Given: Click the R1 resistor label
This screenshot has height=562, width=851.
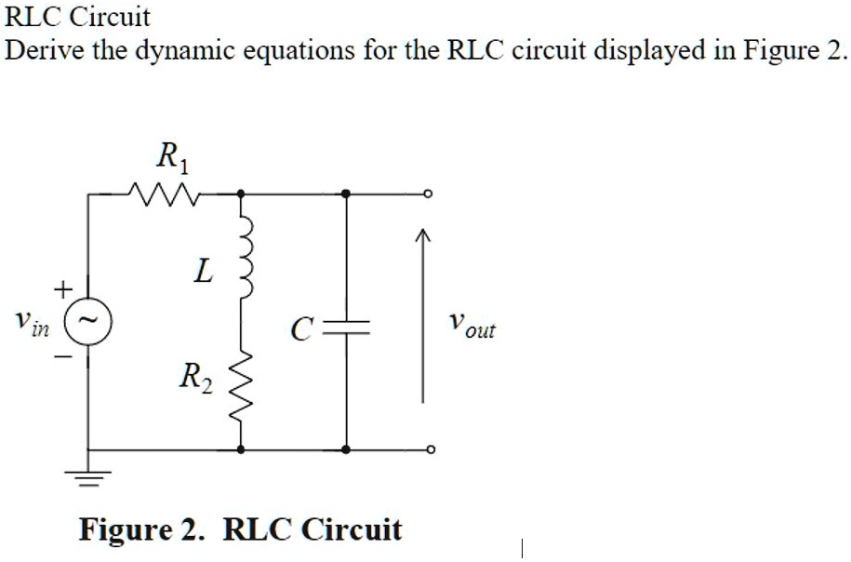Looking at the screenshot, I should click(172, 157).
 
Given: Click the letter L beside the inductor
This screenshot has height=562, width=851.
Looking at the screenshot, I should click(202, 272).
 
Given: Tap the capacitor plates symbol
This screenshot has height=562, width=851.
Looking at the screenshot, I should click(346, 328).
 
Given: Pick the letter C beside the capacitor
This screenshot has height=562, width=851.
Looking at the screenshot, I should click(299, 328).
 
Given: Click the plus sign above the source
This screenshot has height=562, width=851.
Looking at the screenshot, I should click(61, 290).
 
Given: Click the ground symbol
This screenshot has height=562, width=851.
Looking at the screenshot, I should click(89, 476).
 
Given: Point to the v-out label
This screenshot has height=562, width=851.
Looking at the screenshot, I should click(470, 326).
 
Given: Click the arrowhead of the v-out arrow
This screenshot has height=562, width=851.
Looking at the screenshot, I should click(423, 239).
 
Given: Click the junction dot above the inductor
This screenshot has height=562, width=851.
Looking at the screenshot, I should click(242, 194).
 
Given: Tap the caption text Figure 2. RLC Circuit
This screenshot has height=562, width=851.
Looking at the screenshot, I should click(241, 529).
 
